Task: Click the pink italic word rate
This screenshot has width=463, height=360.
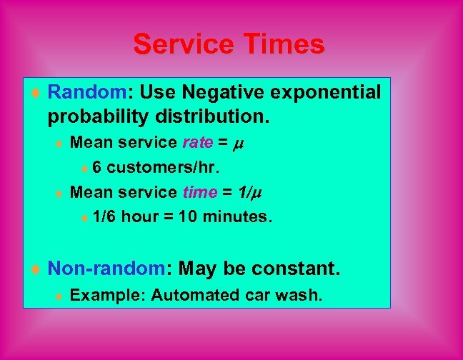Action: click(x=197, y=143)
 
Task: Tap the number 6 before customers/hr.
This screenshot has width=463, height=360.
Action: click(x=96, y=168)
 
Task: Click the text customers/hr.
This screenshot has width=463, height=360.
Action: click(x=164, y=168)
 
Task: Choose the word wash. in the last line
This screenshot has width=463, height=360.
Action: click(x=304, y=294)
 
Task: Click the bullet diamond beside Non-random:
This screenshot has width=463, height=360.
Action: click(x=36, y=269)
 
